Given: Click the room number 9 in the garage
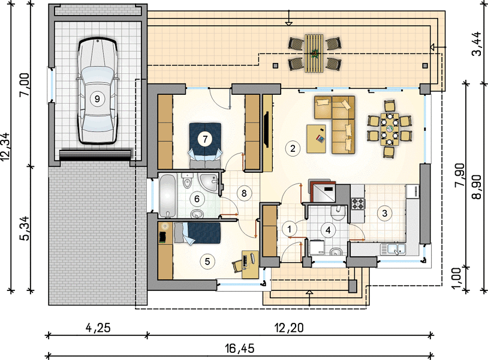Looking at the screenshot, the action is coord(97,99).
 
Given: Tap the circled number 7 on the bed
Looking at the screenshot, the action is coord(205,139).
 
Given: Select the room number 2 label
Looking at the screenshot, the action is coord(293,148).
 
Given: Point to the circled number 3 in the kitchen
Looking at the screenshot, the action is coord(385,214).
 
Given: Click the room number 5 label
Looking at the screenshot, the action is coord(207,261).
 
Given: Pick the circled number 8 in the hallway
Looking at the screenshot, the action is coord(244,193).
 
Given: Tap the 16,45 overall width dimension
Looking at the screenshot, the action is coord(240,349).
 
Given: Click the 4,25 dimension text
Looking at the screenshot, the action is coord(97,328).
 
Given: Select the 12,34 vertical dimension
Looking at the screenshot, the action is coord(6,147).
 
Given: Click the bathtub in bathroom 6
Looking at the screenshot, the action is coord(167,196).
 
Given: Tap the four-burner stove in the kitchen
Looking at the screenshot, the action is coord(358,203).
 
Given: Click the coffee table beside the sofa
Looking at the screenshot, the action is coord(316,139).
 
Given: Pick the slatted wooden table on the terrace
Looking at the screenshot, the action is coord(314,53).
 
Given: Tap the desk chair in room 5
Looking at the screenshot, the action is coord(237,266).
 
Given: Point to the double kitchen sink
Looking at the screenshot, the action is coord(393,249).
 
